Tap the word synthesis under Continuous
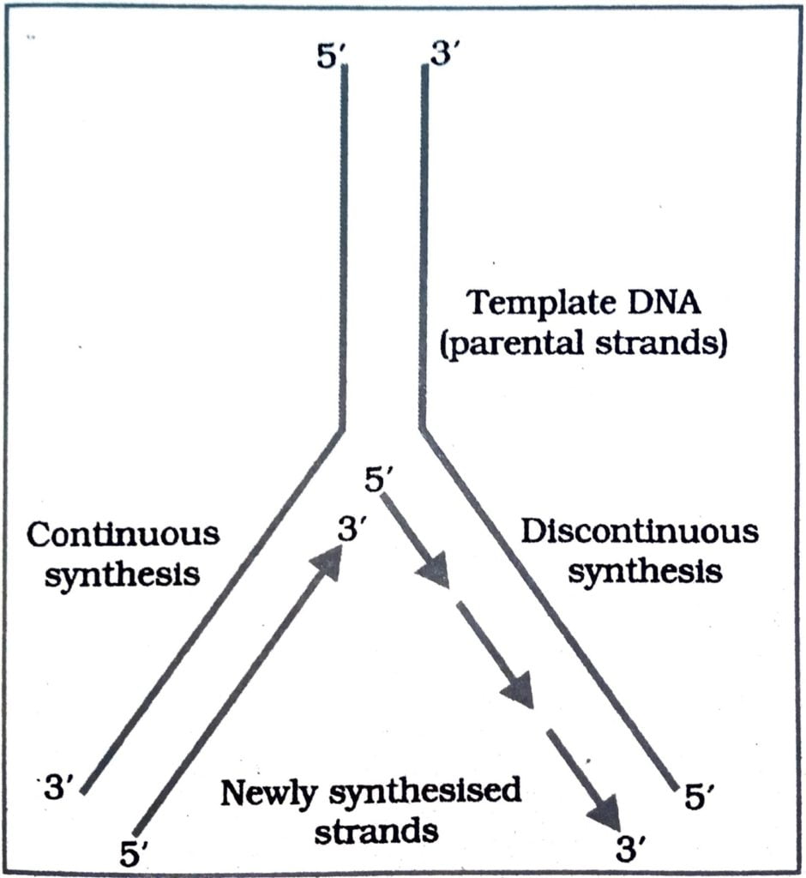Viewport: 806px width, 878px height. coord(122,574)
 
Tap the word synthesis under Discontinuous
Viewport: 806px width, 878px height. coord(644,571)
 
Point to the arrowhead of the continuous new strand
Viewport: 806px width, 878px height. coord(326,565)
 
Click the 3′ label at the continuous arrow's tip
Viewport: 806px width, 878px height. coord(352,531)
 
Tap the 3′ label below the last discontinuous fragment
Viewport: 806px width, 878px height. coord(634,851)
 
